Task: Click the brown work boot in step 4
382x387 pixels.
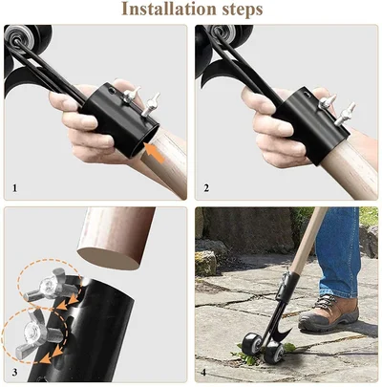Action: [329, 312]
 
